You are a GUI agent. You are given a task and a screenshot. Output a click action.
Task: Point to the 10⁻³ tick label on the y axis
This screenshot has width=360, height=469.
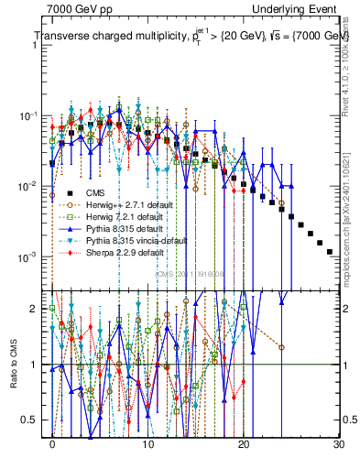pyautogui.click(x=28, y=256)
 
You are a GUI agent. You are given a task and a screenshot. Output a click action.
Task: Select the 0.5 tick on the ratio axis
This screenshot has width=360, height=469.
pyautogui.click(x=34, y=420)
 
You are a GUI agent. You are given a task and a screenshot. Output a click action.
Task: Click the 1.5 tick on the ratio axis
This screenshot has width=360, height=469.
pyautogui.click(x=34, y=336)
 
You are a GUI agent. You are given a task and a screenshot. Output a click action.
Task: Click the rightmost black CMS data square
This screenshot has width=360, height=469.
pyautogui.click(x=330, y=251)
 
